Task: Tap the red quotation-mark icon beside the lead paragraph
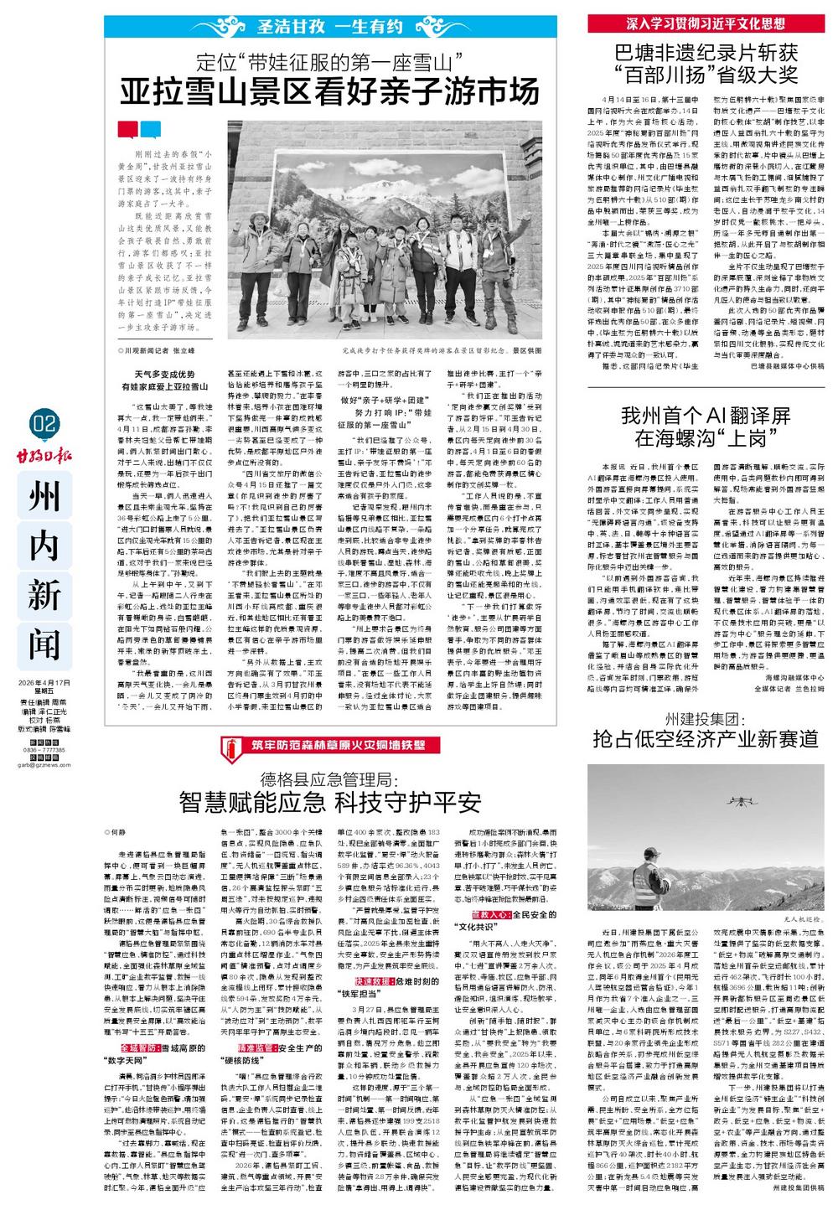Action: point(127,130)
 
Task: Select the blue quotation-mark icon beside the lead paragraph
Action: point(150,130)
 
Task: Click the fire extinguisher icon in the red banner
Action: point(236,744)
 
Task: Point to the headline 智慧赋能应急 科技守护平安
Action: point(330,802)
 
